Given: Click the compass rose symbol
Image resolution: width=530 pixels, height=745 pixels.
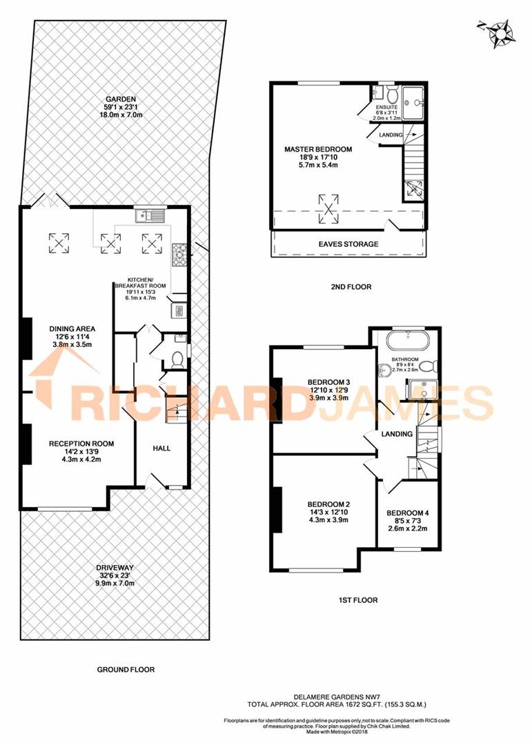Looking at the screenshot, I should click(495, 32).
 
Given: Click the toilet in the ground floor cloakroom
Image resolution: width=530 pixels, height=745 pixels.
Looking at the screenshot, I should click(177, 359).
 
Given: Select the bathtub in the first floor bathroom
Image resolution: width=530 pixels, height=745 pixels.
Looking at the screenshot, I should click(408, 341).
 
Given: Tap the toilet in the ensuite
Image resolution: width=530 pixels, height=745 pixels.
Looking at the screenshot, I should click(391, 95).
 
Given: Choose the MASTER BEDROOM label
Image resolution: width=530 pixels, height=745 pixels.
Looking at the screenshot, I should click(318, 149).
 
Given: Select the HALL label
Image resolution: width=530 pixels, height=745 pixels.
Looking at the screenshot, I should click(161, 448).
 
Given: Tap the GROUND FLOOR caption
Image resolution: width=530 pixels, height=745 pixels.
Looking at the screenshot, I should click(126, 669).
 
